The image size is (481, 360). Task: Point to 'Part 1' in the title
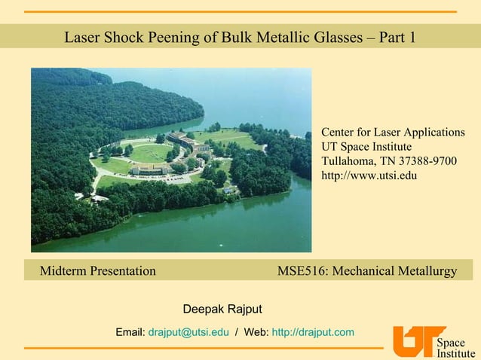401,37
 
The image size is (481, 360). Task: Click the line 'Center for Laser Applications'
393,133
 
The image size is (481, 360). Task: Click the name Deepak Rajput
222,310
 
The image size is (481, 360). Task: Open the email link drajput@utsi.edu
188,332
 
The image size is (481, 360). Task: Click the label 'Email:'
130,332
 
